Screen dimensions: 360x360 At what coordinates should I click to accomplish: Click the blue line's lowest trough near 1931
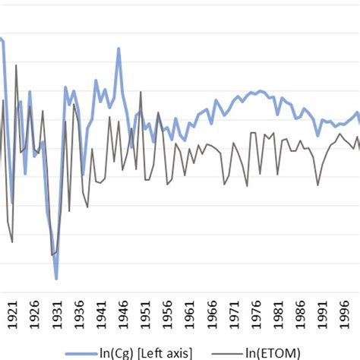(56, 279)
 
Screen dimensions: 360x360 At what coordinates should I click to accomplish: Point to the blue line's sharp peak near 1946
(118, 49)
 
